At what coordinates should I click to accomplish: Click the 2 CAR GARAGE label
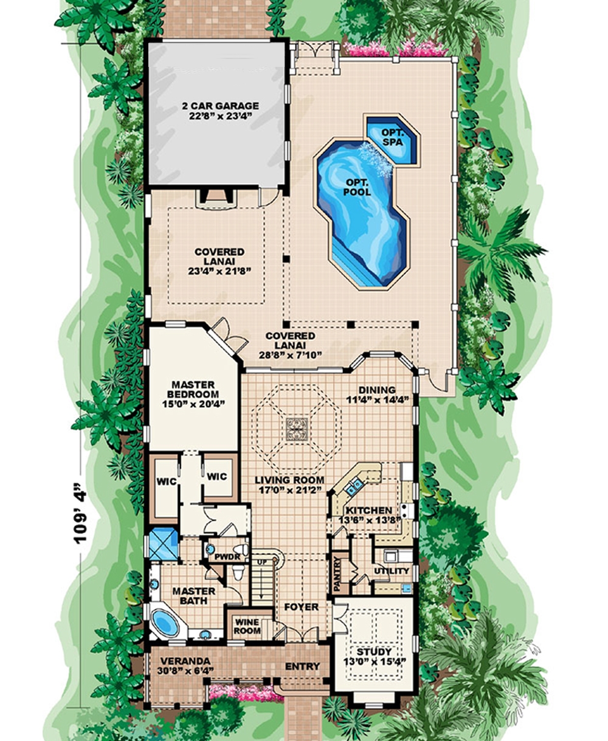(x=219, y=106)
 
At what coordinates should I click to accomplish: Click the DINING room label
(x=376, y=390)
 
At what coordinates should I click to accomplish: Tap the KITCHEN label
(x=369, y=511)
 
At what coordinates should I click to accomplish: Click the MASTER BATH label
(x=193, y=596)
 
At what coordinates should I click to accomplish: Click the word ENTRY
(x=302, y=666)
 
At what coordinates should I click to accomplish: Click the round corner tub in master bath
(x=164, y=621)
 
